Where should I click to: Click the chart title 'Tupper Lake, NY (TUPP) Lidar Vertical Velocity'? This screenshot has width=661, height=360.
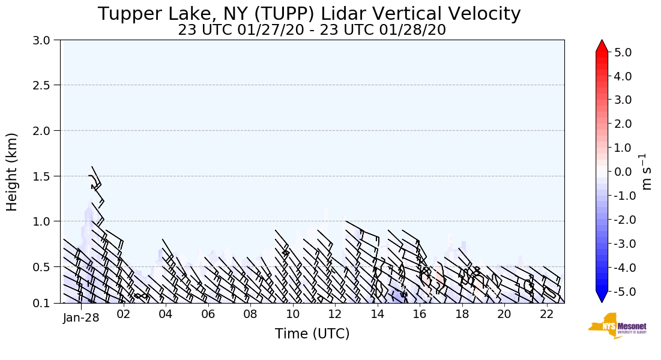309,14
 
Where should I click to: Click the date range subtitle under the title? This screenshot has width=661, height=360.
312,30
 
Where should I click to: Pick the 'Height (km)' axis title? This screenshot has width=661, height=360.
13,172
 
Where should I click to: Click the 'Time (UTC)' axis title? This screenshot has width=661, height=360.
312,334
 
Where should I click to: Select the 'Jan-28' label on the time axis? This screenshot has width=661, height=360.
80,318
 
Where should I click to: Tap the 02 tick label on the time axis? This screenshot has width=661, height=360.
123,314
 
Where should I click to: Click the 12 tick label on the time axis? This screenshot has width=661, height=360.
335,314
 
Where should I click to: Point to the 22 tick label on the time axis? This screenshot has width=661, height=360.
546,314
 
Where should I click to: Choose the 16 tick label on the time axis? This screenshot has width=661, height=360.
420,314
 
